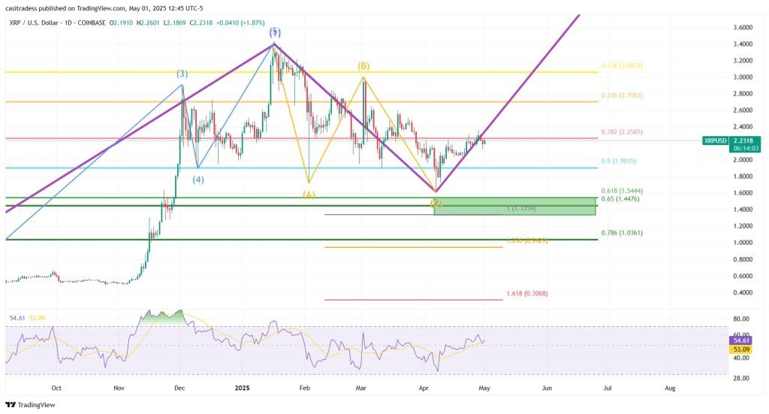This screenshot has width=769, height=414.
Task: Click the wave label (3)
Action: pos(182,74)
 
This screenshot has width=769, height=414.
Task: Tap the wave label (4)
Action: pos(198,180)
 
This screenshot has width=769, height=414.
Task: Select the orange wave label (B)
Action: pos(363,66)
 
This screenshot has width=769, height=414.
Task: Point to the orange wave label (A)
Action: pos(309,194)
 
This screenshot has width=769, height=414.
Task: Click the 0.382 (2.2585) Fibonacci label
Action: pos(623,132)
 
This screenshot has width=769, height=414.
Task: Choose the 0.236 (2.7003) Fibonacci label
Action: pos(623,95)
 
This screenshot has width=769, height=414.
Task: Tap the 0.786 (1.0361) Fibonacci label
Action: pos(623,233)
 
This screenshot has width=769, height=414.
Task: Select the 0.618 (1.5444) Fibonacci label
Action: pos(623,192)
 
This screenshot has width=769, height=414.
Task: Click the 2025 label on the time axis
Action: pos(242,388)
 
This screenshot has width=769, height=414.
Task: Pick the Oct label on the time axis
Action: pos(56,388)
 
